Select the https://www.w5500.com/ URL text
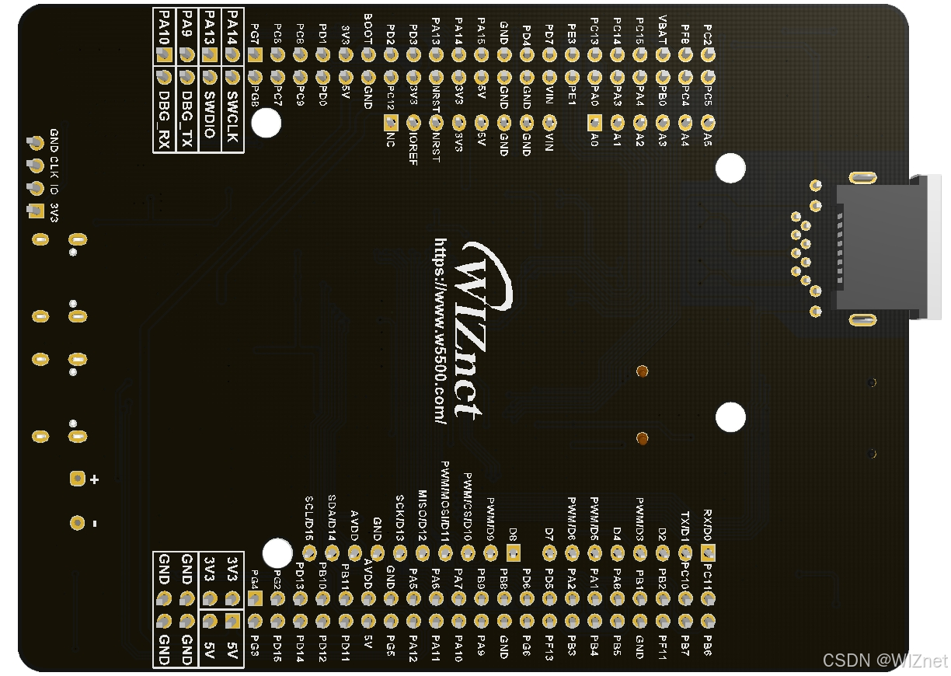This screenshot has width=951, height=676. pos(441,330)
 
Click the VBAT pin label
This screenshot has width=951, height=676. pos(663,29)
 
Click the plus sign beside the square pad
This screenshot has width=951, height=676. pos(95,479)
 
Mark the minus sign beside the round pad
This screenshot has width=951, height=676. pos(95,524)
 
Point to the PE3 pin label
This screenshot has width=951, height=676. pos(573,33)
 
